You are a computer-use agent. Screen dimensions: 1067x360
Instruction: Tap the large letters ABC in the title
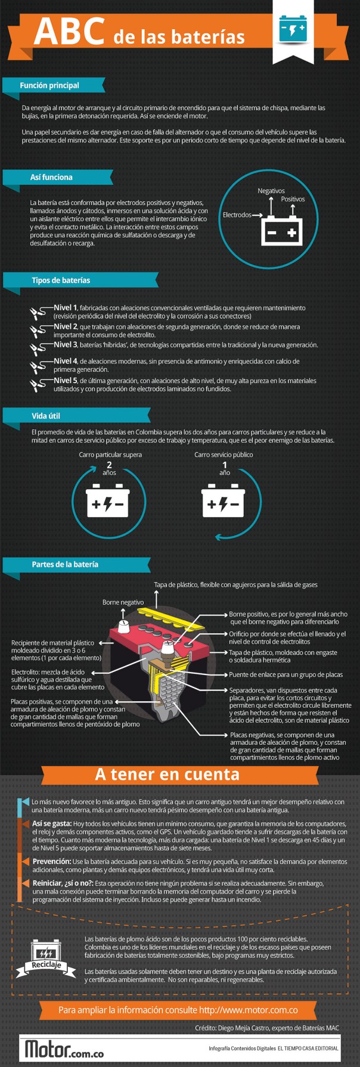point(69,32)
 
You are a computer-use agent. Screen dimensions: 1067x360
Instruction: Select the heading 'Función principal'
point(49,85)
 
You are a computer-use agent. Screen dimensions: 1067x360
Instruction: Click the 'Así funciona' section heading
point(51,177)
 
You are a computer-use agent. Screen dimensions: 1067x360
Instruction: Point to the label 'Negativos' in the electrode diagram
point(271,191)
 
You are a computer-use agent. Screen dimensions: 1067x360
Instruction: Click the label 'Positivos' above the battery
point(293,199)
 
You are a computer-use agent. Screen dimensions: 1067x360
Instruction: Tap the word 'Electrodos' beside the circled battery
point(237,214)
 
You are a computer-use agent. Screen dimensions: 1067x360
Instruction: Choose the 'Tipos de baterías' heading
point(61,280)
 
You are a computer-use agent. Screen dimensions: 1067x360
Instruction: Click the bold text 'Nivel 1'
point(66,307)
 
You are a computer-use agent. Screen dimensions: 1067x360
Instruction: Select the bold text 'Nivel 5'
point(66,380)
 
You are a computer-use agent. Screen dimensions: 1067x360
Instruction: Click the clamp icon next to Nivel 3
point(39,347)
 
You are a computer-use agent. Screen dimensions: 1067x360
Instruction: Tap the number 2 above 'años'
point(109,465)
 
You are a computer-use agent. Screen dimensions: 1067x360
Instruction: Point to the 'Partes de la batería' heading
point(65,564)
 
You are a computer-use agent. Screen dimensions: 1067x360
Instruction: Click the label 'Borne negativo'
point(123,602)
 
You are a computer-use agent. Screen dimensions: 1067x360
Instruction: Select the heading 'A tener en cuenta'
point(167,774)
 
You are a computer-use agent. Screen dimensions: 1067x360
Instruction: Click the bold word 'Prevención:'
point(52,861)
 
